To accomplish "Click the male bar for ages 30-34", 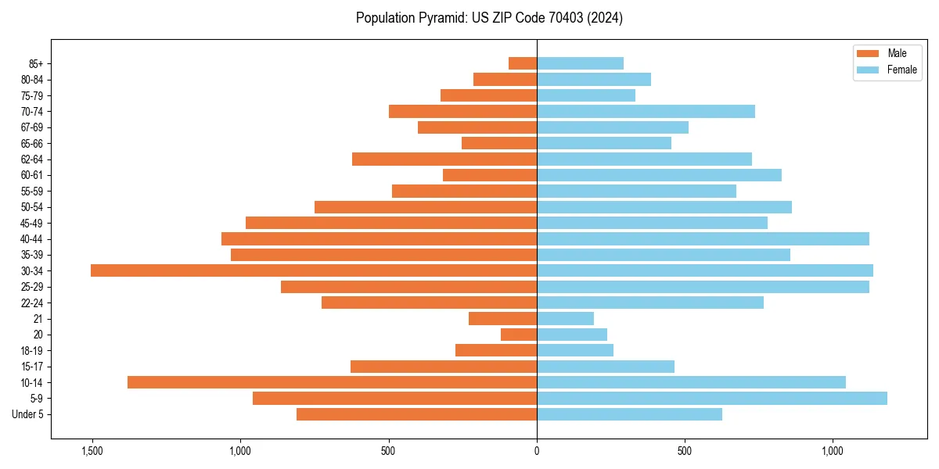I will (x=313, y=270).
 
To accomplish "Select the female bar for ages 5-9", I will (x=712, y=398).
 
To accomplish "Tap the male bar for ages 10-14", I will (x=332, y=382).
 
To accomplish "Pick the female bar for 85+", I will (x=580, y=63).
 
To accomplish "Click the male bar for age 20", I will (x=519, y=335).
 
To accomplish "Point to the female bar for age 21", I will (x=565, y=318).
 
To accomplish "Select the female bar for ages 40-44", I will (x=703, y=238).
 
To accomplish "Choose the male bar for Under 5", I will (x=416, y=414).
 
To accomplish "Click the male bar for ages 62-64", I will (x=444, y=159).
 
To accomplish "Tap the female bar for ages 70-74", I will (x=646, y=111).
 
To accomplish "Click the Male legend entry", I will (x=897, y=53).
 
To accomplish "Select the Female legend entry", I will (x=901, y=70).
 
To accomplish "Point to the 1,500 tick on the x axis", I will (x=92, y=451).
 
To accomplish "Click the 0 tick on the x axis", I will (x=537, y=451).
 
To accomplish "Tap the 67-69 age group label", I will (x=32, y=127).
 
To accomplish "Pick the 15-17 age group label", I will (x=32, y=367).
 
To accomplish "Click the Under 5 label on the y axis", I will (x=28, y=414).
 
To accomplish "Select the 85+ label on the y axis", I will (x=35, y=63).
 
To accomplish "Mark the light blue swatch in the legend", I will (x=868, y=70).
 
